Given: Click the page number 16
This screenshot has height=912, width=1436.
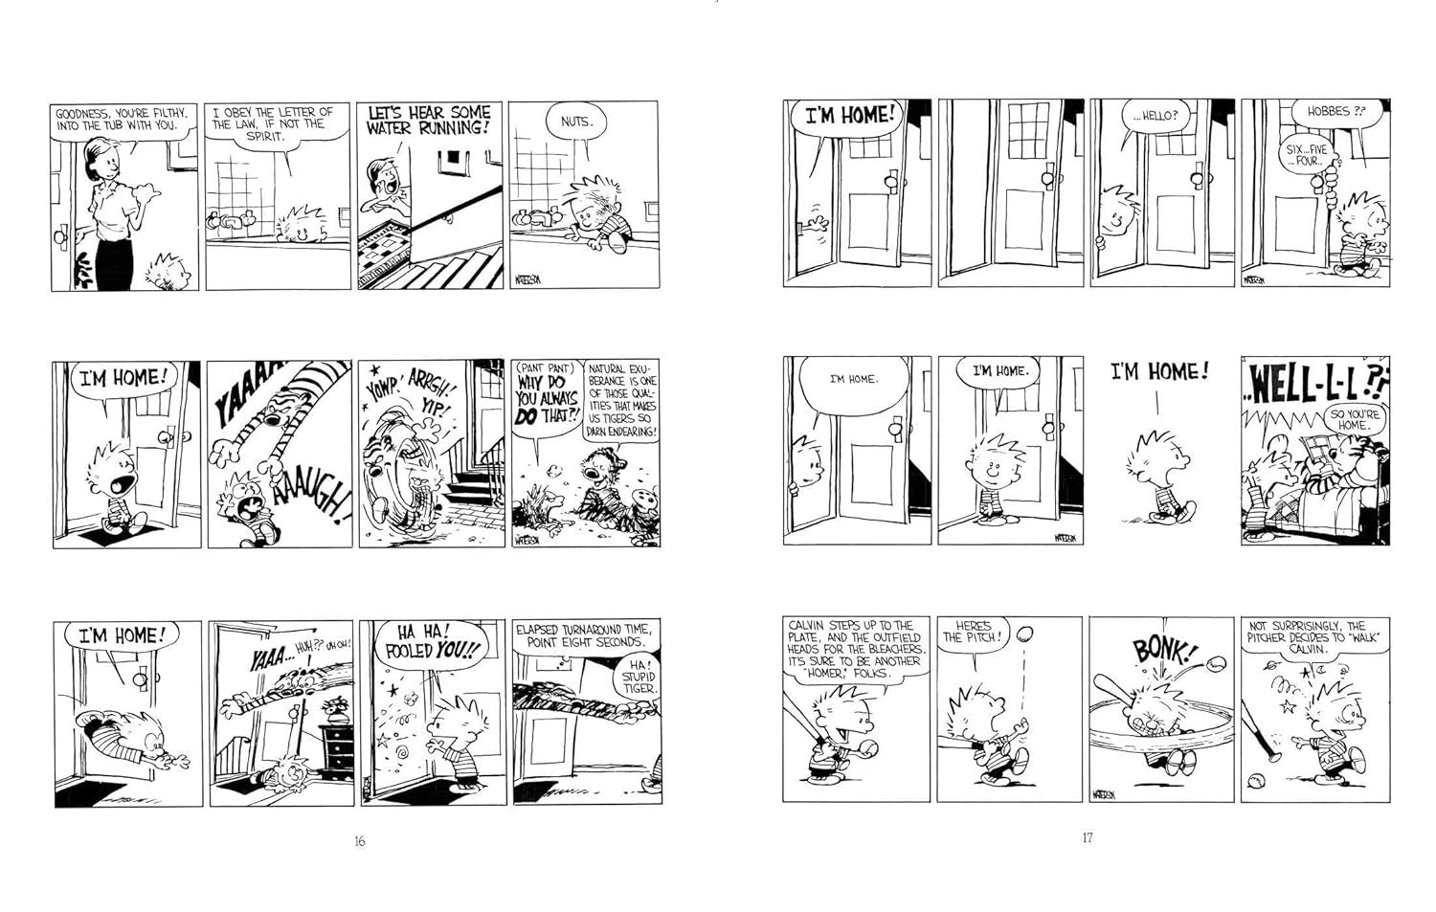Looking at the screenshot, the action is tap(360, 841).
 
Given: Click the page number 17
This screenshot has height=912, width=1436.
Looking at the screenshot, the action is tap(1087, 837).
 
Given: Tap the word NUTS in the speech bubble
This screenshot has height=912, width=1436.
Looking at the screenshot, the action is tap(574, 121).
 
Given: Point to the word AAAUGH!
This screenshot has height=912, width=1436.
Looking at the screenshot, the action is tap(311, 500).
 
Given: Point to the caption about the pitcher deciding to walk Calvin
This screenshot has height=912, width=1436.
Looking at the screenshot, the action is tap(1314, 637).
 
